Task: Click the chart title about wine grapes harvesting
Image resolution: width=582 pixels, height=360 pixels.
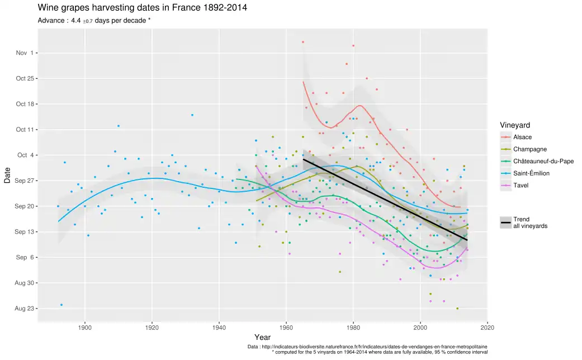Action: [142, 8]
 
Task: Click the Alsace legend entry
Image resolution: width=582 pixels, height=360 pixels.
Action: [522, 137]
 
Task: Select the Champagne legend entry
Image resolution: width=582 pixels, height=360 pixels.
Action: [529, 149]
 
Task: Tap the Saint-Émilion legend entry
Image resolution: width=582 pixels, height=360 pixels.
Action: [531, 173]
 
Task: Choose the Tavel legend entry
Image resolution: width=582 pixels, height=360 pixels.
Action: [521, 186]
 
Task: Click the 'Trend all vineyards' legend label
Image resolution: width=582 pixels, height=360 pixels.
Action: [530, 222]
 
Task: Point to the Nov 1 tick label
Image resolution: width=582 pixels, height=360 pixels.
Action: [25, 53]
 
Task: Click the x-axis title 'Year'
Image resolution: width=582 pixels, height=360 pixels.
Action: [262, 338]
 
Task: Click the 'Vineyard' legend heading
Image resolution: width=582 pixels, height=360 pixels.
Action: [515, 125]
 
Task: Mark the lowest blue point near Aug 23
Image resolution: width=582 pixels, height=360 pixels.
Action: [61, 305]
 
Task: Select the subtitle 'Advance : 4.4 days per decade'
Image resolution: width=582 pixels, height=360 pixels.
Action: [94, 21]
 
